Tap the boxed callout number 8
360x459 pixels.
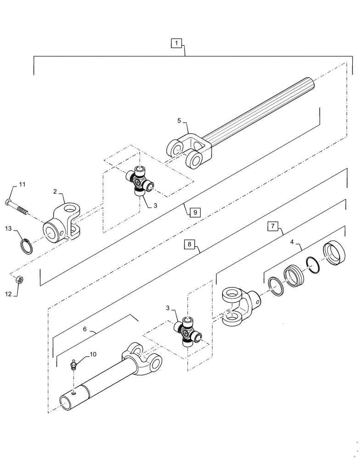(x=190, y=245)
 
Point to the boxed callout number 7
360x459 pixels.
(x=272, y=226)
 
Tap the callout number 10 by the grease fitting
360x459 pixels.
(x=93, y=354)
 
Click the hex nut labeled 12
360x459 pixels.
(x=20, y=279)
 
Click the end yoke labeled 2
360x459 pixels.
(x=61, y=222)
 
